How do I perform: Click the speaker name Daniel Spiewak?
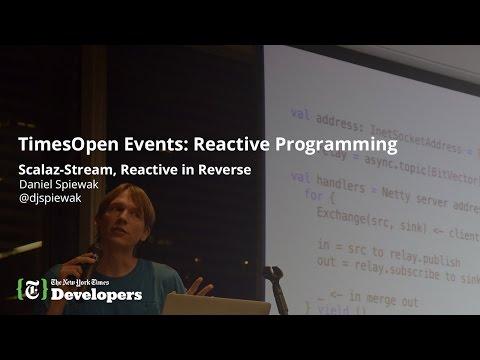[64, 184]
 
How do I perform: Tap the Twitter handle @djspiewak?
[56, 199]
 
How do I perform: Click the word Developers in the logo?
[97, 296]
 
